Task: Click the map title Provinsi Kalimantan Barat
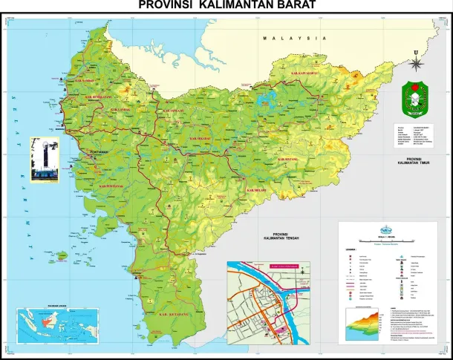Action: [x=226, y=6]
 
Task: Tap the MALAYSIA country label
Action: [x=294, y=38]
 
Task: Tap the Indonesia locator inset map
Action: [x=47, y=324]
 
